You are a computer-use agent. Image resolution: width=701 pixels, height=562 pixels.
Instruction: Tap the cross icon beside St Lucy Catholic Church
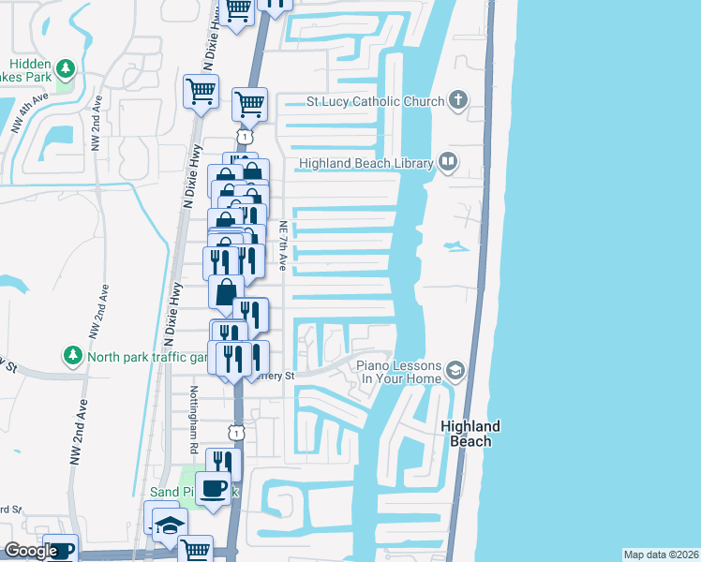point(458,100)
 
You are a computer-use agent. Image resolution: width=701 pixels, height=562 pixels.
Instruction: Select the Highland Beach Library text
point(365,164)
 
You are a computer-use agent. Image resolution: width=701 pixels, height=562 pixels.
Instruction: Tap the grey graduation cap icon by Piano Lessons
point(455,371)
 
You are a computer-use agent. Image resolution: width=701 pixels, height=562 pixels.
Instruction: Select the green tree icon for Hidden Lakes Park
point(66,68)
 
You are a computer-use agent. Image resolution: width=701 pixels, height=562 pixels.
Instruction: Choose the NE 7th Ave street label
point(282,245)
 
